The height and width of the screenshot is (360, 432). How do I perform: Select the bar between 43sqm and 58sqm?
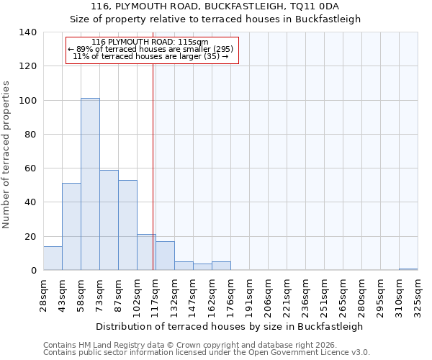(x=71, y=227)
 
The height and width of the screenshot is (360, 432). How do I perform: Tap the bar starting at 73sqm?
(x=109, y=220)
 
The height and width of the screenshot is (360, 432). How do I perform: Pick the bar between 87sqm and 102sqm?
(x=127, y=225)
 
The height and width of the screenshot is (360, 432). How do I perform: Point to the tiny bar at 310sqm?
(x=408, y=269)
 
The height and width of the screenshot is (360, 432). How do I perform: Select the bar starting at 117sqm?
(x=165, y=256)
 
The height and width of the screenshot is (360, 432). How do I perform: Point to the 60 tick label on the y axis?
(x=30, y=168)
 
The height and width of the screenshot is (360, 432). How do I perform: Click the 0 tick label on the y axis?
(x=33, y=271)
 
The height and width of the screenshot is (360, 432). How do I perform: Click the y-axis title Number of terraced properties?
(x=7, y=155)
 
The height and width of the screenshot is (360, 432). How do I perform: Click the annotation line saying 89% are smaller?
(x=150, y=49)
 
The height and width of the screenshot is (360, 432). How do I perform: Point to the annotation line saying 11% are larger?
(x=150, y=56)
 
